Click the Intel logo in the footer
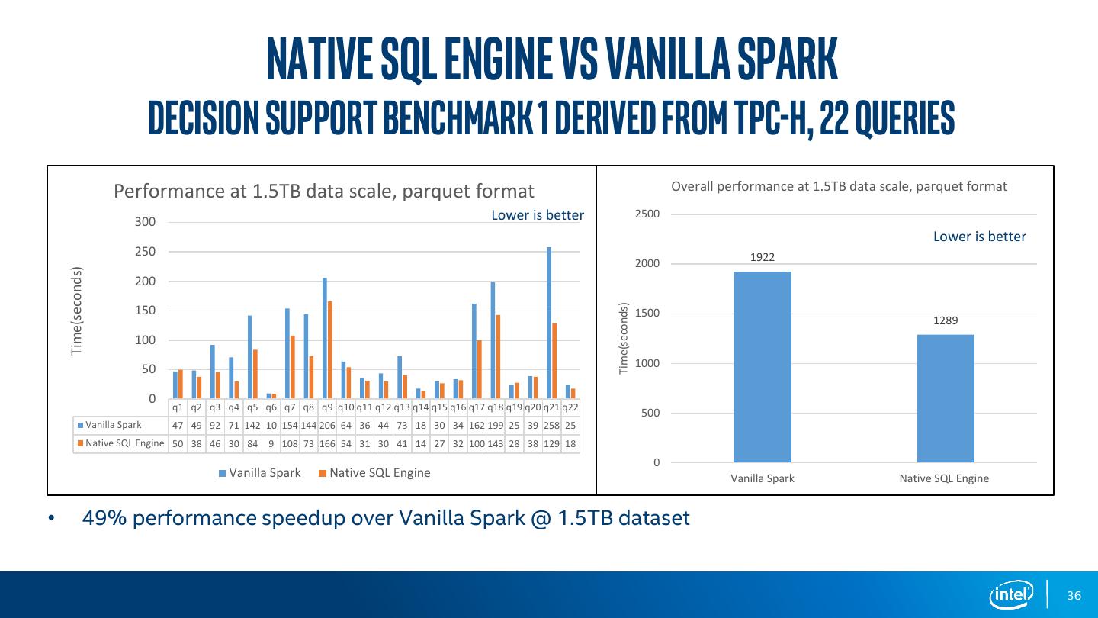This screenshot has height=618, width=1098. (x=1011, y=594)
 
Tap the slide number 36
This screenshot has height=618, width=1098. (x=1074, y=595)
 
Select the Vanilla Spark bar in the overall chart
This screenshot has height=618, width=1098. (x=762, y=366)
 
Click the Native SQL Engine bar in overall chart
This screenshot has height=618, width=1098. (x=945, y=398)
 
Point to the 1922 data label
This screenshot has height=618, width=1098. (x=762, y=258)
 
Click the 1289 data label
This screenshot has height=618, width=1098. (x=945, y=321)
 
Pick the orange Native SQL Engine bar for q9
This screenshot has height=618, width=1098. (x=330, y=349)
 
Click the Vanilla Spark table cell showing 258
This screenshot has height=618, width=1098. (x=551, y=425)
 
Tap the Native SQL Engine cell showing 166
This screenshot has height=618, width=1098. (x=327, y=443)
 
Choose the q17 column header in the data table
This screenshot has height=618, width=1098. (x=477, y=407)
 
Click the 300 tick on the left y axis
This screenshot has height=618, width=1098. (x=145, y=222)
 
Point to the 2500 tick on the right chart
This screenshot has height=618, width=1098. (x=647, y=214)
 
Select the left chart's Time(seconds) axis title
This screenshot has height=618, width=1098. (x=76, y=311)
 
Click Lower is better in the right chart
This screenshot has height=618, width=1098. (x=979, y=237)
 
